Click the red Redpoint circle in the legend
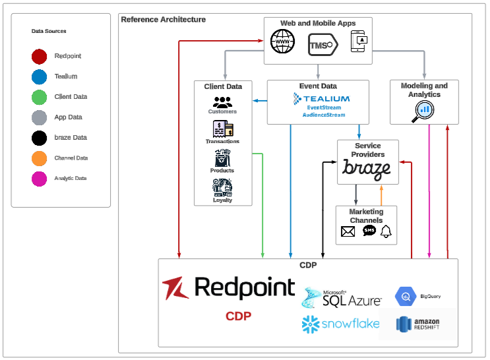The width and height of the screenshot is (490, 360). [40, 57]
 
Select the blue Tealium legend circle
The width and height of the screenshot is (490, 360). [40, 77]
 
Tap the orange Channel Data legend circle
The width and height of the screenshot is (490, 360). [40, 158]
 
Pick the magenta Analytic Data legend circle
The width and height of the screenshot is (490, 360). [40, 179]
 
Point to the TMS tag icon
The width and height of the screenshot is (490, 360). [322, 45]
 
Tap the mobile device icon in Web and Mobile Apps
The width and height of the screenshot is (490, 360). [359, 42]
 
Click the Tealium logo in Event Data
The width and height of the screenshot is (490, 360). [322, 99]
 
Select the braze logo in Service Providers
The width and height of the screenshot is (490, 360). [366, 169]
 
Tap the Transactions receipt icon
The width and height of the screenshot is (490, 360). [223, 130]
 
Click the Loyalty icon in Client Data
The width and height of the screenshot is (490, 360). [222, 187]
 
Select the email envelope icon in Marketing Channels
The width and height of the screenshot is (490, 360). [348, 231]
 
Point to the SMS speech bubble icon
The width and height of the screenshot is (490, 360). [369, 231]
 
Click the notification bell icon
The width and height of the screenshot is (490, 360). [386, 231]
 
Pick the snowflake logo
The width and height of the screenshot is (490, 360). [341, 324]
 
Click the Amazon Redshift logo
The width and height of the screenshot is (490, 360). [417, 324]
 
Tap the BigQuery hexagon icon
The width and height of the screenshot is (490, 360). [404, 297]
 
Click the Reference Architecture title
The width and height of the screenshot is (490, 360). [163, 20]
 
